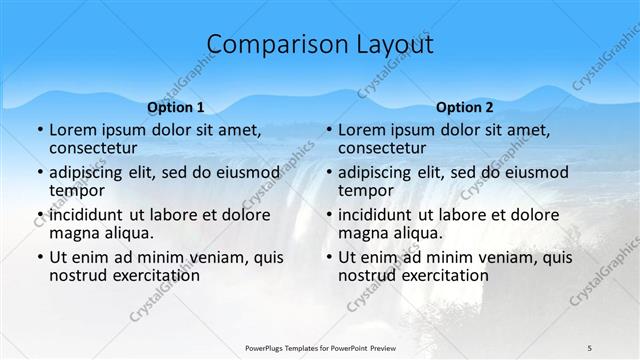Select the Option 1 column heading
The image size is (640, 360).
(x=176, y=107)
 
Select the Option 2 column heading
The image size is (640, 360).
(x=465, y=107)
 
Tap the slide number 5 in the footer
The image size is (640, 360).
(x=590, y=347)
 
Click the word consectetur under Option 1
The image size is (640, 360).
(x=98, y=149)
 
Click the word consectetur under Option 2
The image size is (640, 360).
(x=387, y=149)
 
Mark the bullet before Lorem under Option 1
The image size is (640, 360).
(x=39, y=131)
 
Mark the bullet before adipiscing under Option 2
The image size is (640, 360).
(x=328, y=173)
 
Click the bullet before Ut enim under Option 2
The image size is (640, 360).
(x=328, y=257)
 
